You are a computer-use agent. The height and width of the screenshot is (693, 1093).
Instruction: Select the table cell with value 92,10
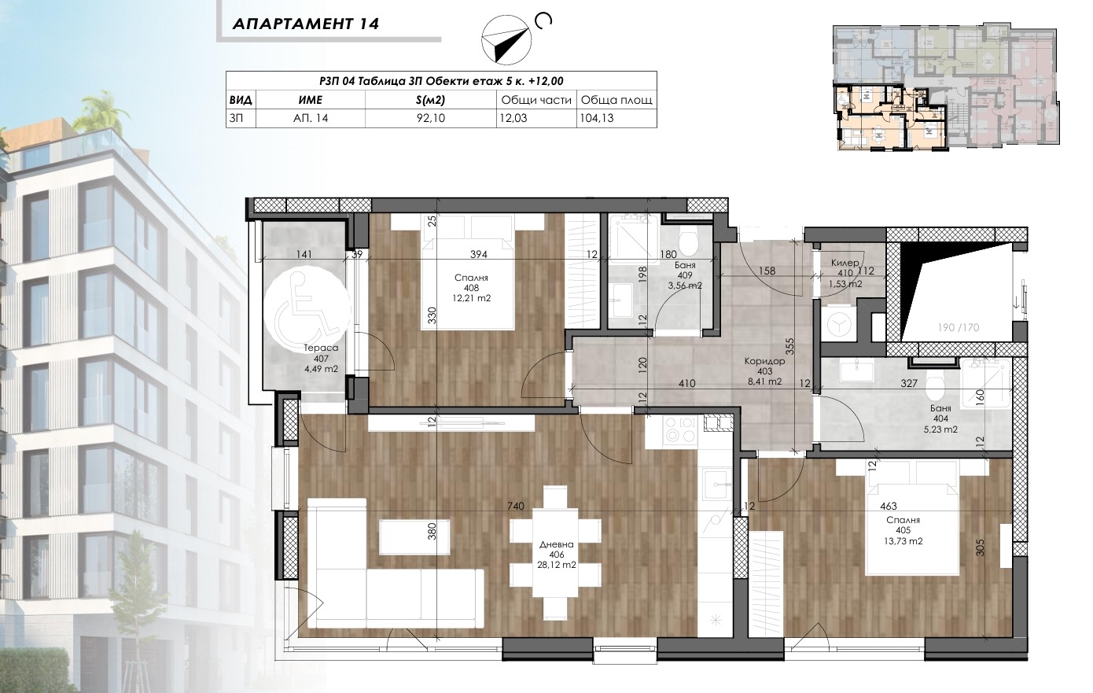(x=430, y=118)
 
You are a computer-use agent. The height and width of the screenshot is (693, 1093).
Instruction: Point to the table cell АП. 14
(x=311, y=118)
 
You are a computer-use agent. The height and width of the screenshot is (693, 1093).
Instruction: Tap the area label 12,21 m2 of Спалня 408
(x=471, y=299)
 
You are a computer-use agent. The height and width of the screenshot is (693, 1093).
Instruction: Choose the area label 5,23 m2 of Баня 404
(x=940, y=429)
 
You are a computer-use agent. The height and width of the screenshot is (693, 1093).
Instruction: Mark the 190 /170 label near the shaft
(x=958, y=327)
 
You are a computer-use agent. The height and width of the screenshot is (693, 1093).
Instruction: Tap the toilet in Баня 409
(x=689, y=239)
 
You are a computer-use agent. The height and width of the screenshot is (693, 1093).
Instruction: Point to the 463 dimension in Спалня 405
(x=889, y=507)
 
